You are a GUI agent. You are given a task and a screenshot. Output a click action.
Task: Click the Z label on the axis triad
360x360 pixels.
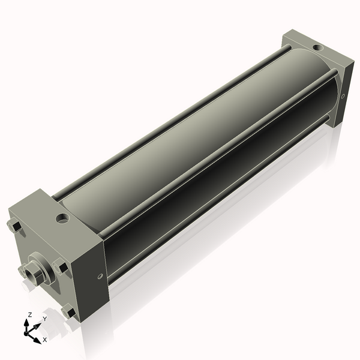(x=30, y=314)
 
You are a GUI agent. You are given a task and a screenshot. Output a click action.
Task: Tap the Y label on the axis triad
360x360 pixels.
(x=44, y=319)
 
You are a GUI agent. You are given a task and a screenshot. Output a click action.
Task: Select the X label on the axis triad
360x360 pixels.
(x=44, y=340)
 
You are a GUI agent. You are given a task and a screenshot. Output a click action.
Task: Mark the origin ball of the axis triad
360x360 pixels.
(x=28, y=331)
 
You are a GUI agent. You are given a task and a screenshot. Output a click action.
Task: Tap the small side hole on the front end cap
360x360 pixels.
(x=100, y=276)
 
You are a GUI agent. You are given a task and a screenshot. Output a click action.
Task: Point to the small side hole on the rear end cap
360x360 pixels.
(x=343, y=96)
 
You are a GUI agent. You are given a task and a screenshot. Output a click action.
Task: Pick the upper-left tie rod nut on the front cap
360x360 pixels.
(x=15, y=226)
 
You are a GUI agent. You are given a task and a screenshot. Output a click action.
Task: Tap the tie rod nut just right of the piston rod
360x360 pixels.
(x=60, y=267)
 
